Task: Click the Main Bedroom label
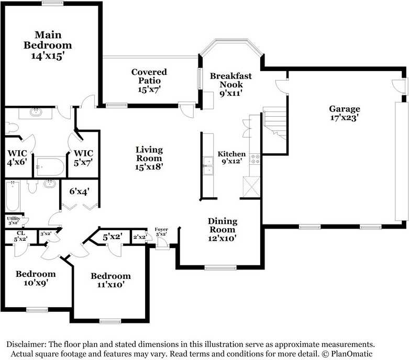[48, 40]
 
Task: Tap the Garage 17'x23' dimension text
[344, 118]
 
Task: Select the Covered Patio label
[149, 76]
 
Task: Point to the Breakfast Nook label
[231, 80]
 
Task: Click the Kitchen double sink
[208, 166]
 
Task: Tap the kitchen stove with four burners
[255, 159]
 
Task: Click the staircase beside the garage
[274, 123]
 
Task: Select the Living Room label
[149, 154]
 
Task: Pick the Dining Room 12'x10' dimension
[222, 238]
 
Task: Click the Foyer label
[161, 229]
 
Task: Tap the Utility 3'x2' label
[13, 220]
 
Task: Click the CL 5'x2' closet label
[20, 236]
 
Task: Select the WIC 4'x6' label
[17, 157]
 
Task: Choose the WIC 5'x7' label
[83, 158]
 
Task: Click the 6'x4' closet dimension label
[79, 192]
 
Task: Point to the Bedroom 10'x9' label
[36, 278]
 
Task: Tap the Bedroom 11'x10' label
[110, 280]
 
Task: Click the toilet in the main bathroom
[12, 127]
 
